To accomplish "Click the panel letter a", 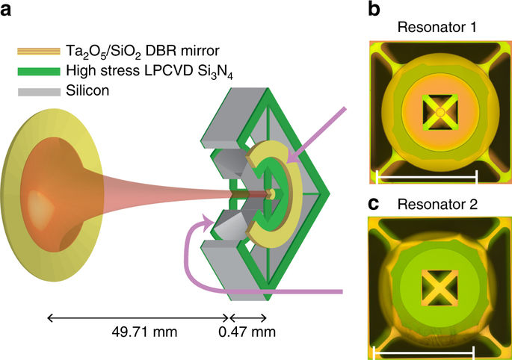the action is tap(6, 10).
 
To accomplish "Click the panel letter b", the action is tap(374, 9).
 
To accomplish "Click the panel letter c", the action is tap(374, 204).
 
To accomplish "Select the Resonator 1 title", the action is tap(437, 27).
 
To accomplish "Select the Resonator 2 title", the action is tap(437, 205).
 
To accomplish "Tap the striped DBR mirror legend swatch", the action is tap(39, 52).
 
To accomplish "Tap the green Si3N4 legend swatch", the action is tap(39, 71).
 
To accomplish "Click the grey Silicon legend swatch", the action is tap(39, 92).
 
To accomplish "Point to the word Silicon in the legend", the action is tap(87, 90).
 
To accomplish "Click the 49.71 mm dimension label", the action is tap(144, 332).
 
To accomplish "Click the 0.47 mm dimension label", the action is tap(247, 332).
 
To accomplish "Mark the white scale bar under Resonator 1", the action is tap(427, 177).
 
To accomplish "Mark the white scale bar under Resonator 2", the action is tap(423, 353).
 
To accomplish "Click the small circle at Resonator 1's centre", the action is tap(440, 112).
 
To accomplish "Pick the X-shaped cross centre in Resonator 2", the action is tap(437, 288).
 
